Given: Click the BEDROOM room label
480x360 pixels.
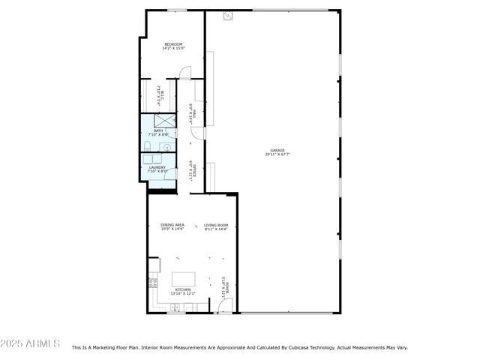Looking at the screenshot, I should pos(173,44).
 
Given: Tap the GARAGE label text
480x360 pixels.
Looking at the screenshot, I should pos(277,150).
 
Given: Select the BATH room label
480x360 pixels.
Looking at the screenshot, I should pos(157,130).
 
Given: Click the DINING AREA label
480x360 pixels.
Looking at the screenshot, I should pos(172,224).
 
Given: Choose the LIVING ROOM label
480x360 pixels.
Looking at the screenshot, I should pos(216,224).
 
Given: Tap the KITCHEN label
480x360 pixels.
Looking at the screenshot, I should pos(183,289).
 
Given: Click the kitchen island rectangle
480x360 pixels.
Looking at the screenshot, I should pos(183,279).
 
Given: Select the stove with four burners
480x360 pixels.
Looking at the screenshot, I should pos(152,283).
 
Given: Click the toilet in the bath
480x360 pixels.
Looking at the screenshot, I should pos(147,145).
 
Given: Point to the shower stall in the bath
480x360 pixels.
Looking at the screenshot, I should pos(164,120).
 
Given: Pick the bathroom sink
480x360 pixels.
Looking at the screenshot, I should pos(166,147).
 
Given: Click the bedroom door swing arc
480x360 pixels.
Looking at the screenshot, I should pos(184,73).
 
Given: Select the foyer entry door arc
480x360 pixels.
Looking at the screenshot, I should pos(226,305).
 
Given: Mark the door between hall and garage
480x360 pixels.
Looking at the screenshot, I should pos(197,133).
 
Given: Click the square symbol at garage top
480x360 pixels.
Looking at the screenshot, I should pos(228,15).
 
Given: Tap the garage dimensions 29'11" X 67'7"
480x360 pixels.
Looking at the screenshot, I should pos(277,154).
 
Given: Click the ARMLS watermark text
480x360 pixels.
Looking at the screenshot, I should pos(30,343).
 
